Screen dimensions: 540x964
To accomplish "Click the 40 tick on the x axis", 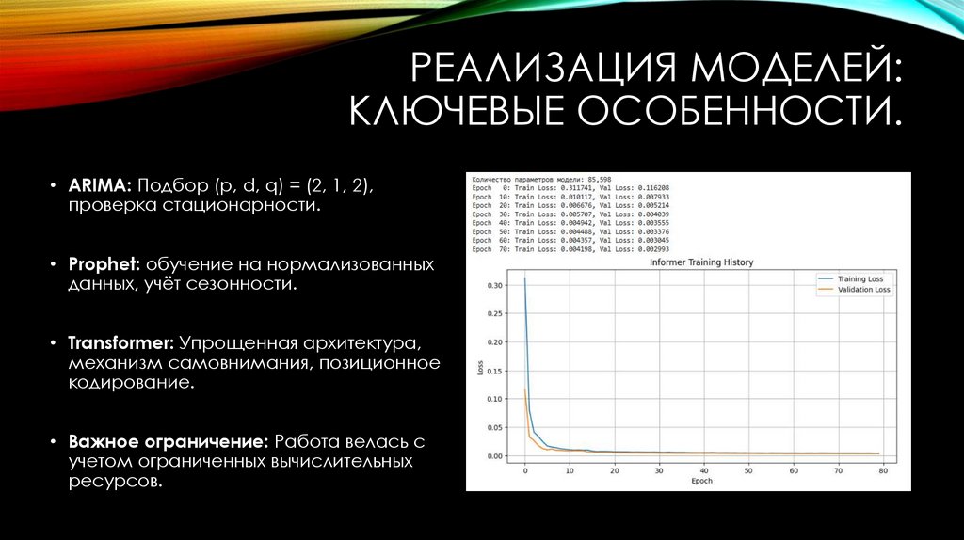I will [703, 470].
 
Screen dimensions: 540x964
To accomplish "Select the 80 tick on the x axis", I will [883, 470].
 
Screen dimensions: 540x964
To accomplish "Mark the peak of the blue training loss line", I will [524, 278].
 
